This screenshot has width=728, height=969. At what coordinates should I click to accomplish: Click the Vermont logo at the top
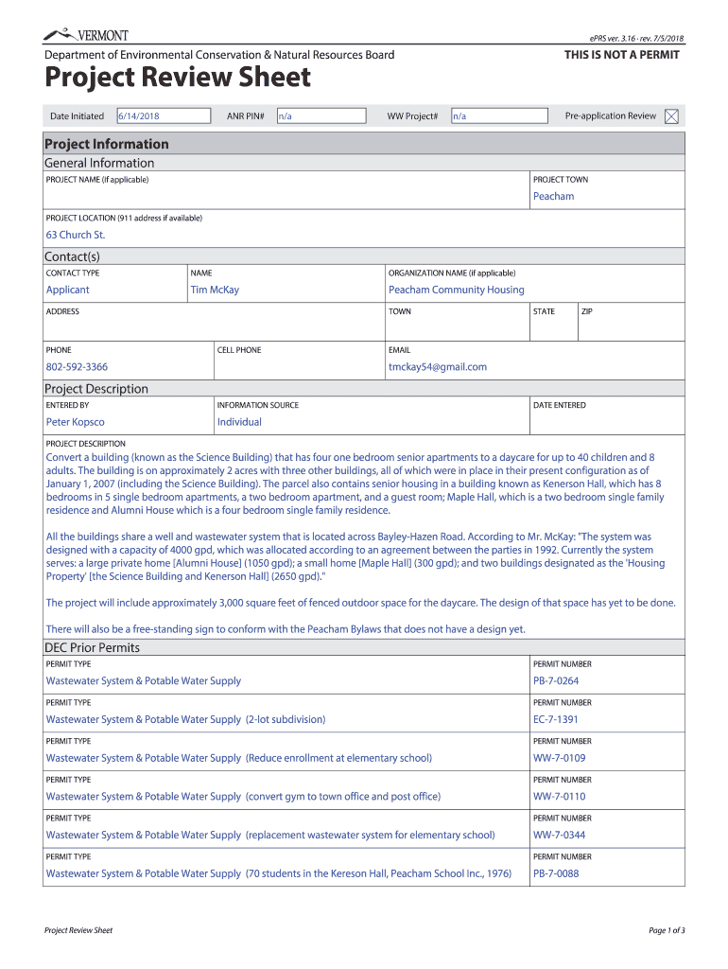86,35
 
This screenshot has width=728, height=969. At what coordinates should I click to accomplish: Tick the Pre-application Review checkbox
671,116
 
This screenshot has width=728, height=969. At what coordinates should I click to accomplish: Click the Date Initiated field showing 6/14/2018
163,116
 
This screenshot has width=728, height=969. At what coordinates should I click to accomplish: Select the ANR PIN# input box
320,116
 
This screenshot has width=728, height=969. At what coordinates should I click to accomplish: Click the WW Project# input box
498,116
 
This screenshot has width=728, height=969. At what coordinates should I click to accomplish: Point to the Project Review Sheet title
178,78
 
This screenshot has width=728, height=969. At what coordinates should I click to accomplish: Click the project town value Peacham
553,196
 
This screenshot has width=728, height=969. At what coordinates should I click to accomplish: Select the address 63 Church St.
76,235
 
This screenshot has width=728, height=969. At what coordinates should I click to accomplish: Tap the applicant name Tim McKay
215,290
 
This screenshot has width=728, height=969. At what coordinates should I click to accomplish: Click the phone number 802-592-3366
77,366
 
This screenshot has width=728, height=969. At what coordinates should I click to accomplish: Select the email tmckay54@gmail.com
437,366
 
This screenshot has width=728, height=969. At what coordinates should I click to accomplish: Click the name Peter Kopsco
76,422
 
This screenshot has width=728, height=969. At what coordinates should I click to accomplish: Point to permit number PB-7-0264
555,680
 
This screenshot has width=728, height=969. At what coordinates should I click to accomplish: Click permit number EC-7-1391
555,719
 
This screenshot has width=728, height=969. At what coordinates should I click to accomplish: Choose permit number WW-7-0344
559,835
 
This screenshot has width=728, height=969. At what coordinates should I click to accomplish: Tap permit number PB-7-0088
555,873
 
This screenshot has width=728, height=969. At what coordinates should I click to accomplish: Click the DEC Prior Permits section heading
92,647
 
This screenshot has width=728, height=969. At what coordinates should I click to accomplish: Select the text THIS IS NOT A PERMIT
621,55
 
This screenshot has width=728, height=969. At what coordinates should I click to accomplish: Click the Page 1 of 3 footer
666,930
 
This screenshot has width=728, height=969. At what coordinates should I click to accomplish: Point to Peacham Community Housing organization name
456,290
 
